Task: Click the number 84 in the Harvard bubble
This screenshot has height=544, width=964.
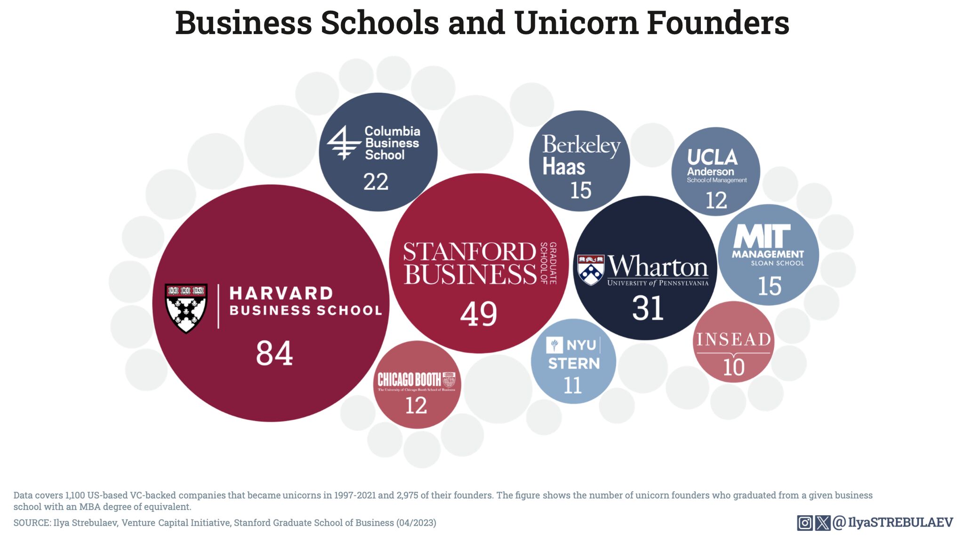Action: [274, 354]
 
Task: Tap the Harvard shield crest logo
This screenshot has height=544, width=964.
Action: [186, 308]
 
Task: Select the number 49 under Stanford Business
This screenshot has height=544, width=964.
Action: [478, 314]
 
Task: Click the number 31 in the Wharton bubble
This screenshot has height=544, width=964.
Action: [648, 309]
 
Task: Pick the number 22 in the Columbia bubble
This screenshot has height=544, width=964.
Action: [376, 182]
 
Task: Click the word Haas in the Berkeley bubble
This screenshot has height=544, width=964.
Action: [563, 167]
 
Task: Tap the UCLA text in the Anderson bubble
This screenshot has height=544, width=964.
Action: [712, 157]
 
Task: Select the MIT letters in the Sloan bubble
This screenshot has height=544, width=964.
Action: [762, 236]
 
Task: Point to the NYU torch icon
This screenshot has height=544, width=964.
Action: [554, 345]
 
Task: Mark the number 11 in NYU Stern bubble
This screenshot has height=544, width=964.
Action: [572, 386]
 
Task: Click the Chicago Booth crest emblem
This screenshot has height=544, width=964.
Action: [449, 380]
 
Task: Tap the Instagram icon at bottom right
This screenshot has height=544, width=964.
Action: [804, 523]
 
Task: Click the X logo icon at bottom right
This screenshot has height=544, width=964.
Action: [822, 523]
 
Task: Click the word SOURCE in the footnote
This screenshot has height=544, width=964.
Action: [31, 523]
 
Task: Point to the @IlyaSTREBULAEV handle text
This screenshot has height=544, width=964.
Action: [893, 522]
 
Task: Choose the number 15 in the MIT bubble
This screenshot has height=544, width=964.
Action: [770, 286]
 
